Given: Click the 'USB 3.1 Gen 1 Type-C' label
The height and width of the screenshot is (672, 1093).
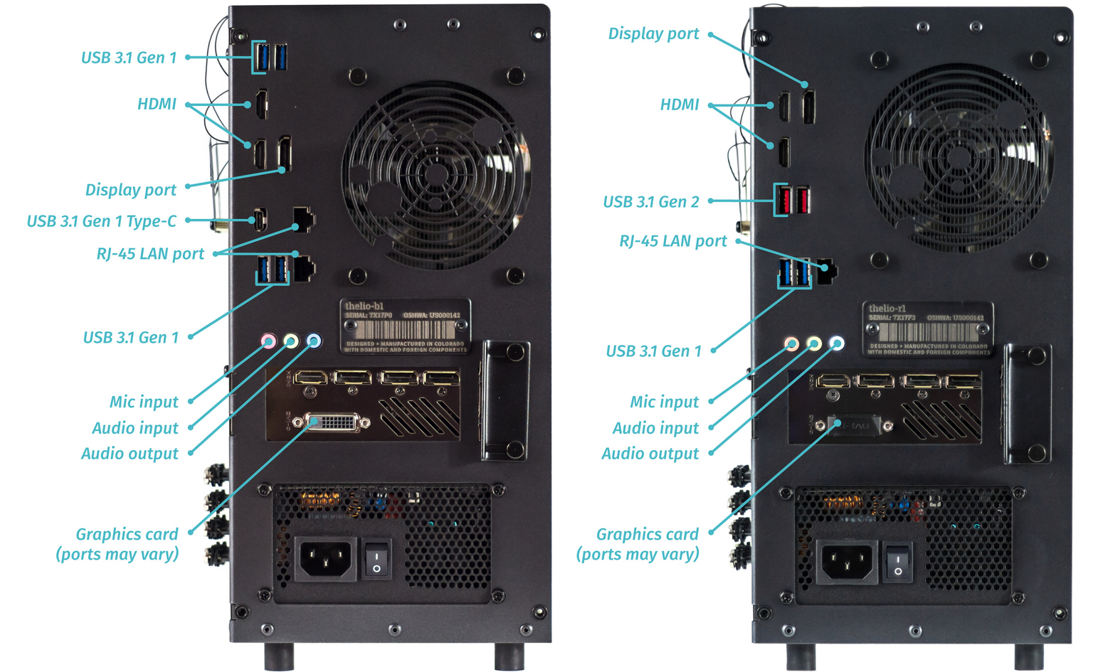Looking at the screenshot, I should coord(101,221).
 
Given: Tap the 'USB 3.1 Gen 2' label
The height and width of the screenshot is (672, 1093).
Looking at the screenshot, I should coord(650,202).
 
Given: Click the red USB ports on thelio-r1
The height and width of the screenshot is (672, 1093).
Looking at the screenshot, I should coord(792,200).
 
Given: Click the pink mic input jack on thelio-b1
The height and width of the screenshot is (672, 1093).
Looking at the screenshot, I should coord(268,341).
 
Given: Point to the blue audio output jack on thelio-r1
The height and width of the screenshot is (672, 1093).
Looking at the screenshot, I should coord(837,343).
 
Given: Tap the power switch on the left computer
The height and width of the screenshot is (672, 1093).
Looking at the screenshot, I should coord(377,558).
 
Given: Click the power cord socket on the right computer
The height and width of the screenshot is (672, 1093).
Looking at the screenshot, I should coord(846,560).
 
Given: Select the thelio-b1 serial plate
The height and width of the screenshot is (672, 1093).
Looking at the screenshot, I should coord(405,326).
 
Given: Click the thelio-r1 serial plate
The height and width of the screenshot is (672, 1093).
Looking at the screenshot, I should coord(928,329).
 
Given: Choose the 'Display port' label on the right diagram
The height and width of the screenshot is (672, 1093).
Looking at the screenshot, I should coord(653,33).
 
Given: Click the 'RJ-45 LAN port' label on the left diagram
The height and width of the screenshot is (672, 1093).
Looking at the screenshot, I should coord(150,254).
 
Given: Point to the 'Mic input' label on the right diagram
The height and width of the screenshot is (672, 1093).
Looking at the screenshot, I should coord(664,402).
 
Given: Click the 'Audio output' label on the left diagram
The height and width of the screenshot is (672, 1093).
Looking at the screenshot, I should coord(130,454).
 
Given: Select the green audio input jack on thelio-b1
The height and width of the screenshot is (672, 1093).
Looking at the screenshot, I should coord(290,341).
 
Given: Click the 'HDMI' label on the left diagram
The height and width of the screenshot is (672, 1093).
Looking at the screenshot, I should coord(157,104).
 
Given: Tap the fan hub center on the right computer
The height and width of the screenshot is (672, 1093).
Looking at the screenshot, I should coord(958,158).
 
